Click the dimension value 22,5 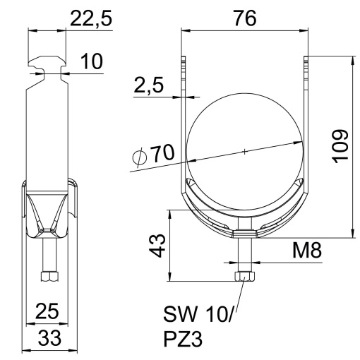click(x=91, y=20)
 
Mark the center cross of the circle click(x=244, y=151)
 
